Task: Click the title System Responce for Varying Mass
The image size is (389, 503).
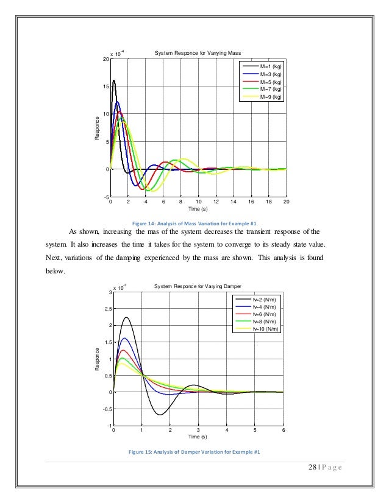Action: point(190,54)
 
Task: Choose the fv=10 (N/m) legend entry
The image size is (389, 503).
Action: point(266,329)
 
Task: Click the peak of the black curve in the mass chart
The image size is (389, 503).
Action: point(113,80)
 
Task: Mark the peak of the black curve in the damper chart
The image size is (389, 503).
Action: point(127,317)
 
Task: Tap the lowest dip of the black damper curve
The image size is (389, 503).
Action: point(159,415)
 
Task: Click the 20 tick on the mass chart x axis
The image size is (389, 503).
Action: point(286,201)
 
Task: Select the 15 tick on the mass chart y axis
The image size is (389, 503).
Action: point(106,86)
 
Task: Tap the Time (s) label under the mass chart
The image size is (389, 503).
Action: point(198,208)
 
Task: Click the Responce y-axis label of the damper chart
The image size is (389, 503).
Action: point(98,359)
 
